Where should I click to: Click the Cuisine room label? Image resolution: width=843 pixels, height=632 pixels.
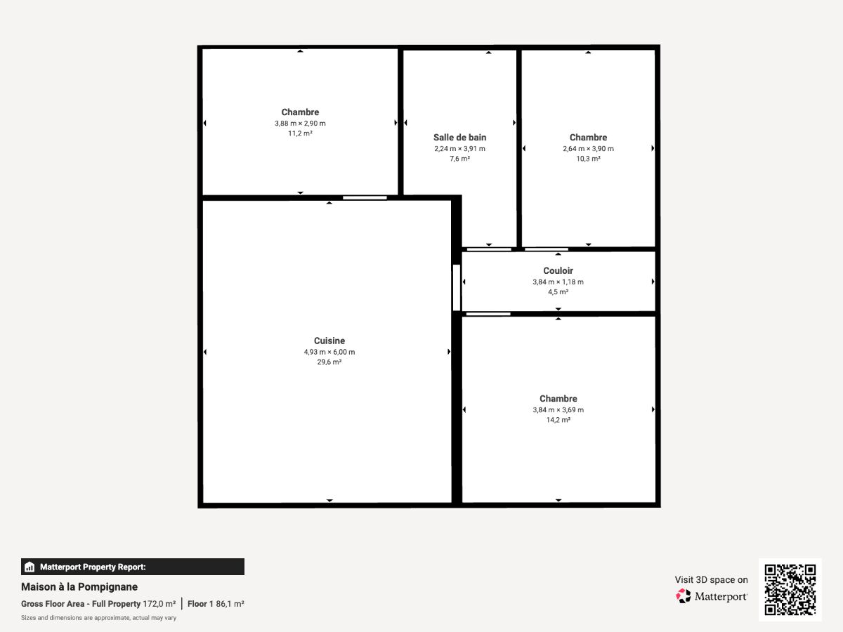(329, 341)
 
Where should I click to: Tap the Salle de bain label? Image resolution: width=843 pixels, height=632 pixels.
(459, 138)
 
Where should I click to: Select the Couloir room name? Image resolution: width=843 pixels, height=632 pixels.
(558, 270)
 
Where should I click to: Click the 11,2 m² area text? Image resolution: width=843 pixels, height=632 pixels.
(300, 133)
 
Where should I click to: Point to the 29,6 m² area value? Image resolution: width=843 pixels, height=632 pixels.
(329, 362)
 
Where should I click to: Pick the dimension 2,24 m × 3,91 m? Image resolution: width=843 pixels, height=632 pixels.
(459, 148)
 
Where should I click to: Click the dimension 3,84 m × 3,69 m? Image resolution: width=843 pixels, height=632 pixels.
(558, 410)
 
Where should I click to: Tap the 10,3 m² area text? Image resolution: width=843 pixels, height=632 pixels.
(588, 159)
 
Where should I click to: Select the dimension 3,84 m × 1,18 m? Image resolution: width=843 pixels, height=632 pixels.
(558, 282)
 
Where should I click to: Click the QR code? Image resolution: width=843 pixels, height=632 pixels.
(790, 589)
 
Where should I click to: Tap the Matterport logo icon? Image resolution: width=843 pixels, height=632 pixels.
(684, 596)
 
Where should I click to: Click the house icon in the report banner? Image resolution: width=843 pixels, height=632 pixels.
(30, 567)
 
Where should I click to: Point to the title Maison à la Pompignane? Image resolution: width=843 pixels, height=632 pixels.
(79, 587)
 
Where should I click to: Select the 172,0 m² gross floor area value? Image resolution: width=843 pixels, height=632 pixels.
(159, 604)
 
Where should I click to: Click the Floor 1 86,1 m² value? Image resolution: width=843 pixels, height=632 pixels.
(216, 604)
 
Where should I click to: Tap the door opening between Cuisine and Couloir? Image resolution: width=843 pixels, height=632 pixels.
(456, 287)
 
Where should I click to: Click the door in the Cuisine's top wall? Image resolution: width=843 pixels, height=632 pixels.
(365, 197)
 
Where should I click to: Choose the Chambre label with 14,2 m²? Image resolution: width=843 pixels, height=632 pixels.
(558, 399)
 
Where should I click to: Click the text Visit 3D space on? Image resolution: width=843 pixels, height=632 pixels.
(711, 580)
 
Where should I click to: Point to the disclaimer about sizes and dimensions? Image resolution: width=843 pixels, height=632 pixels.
(99, 618)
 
